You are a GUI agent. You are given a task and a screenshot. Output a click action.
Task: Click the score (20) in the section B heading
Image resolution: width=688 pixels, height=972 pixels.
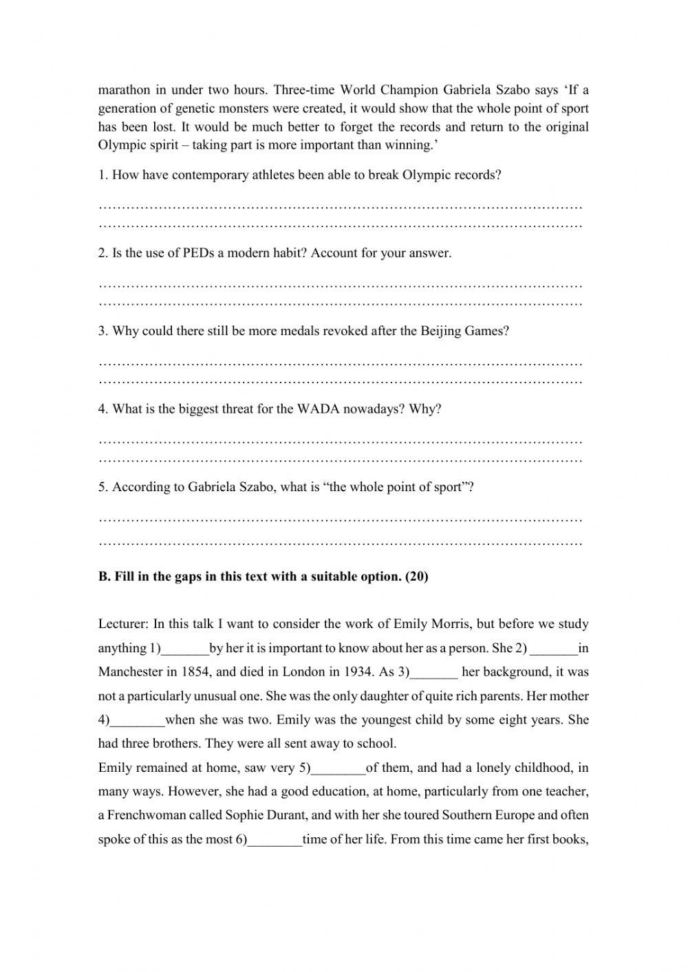click(416, 576)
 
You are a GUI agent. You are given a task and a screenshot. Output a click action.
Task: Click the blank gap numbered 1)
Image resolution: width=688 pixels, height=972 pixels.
click(184, 649)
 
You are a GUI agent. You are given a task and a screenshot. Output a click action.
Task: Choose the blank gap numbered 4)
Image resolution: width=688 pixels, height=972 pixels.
click(138, 721)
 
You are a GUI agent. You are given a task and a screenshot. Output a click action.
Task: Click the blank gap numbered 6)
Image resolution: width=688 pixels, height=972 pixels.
click(275, 840)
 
